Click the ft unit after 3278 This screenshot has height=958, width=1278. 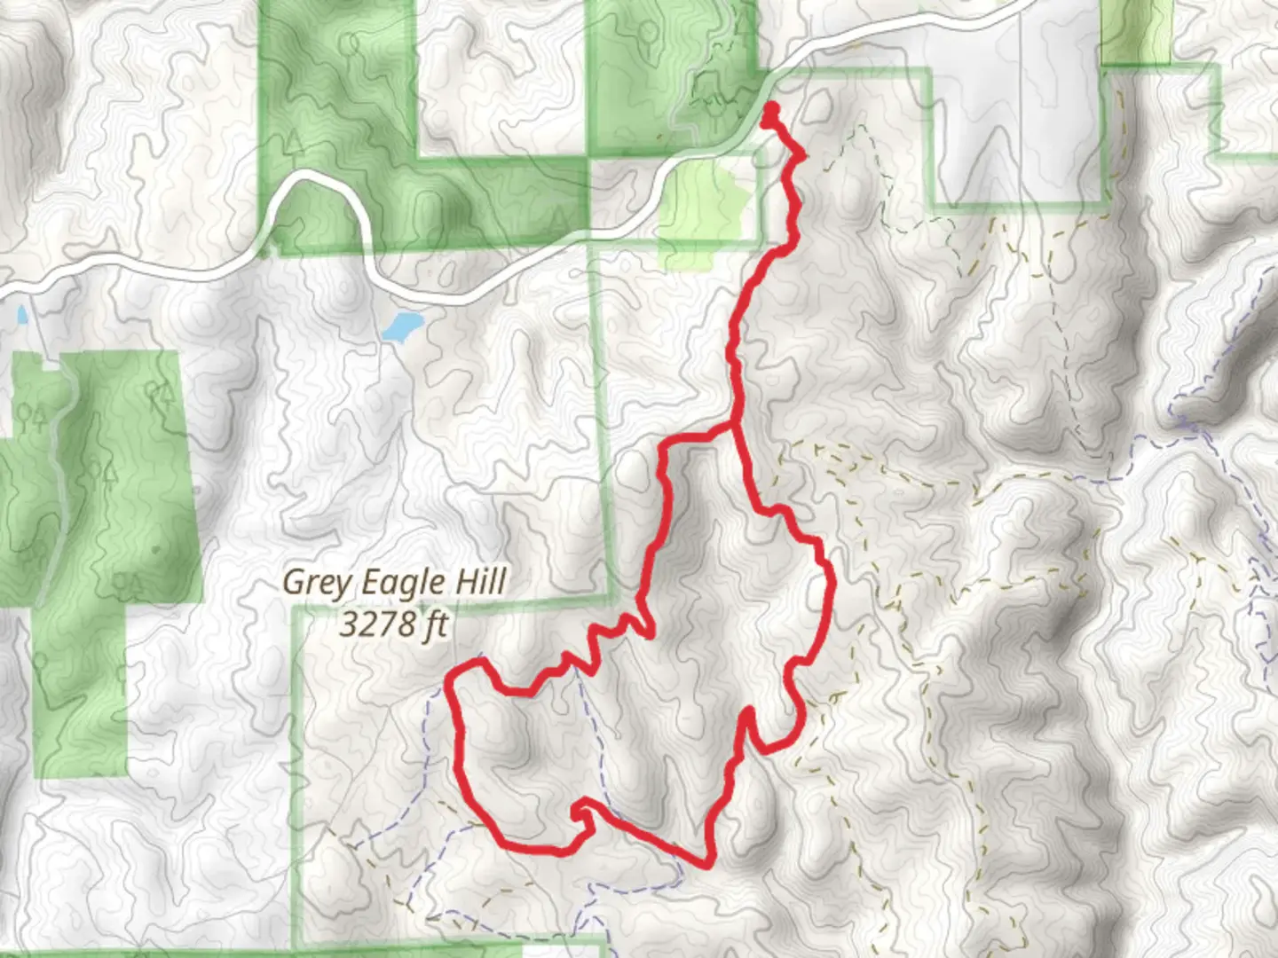(434, 624)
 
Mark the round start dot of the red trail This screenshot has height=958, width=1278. (770, 109)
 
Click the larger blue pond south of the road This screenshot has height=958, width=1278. (400, 326)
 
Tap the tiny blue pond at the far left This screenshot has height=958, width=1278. (20, 315)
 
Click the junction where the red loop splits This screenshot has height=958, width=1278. (734, 427)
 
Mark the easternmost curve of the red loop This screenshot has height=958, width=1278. (832, 585)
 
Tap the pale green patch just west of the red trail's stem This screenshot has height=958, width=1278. (704, 208)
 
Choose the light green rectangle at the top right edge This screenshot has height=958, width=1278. (1137, 31)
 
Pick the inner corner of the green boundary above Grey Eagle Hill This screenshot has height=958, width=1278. (607, 596)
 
